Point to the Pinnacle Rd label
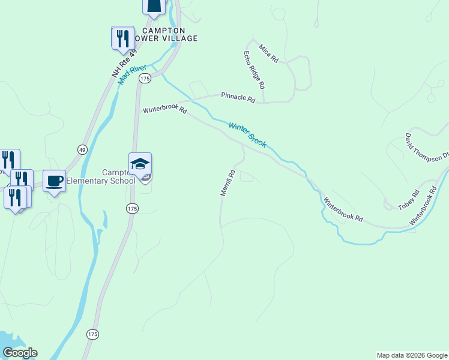(x=238, y=97)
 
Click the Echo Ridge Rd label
(x=254, y=70)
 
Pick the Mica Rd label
(x=268, y=52)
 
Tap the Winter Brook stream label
(x=247, y=135)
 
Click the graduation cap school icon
(x=140, y=164)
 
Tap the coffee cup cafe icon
(x=54, y=181)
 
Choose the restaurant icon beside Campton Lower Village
(x=123, y=38)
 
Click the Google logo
(x=20, y=353)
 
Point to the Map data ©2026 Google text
(x=412, y=355)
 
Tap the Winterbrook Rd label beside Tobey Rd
(x=423, y=206)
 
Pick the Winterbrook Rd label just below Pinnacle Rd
(x=165, y=110)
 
